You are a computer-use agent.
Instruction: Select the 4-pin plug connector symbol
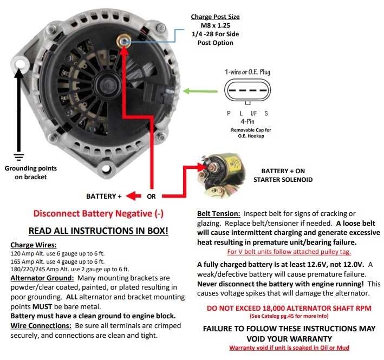click(247, 91)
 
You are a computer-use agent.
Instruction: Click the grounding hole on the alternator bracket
click(21, 63)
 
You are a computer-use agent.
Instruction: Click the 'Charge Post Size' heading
click(215, 17)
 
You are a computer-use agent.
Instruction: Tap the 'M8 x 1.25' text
click(215, 25)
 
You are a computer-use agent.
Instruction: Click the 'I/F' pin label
click(253, 113)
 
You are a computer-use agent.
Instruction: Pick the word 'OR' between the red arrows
click(152, 196)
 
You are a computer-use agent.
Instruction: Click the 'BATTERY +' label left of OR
click(104, 196)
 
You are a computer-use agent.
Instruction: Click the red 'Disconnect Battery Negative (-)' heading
click(98, 213)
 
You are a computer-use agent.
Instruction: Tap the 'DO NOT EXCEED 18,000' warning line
click(289, 308)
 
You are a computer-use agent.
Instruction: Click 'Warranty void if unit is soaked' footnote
click(289, 348)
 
